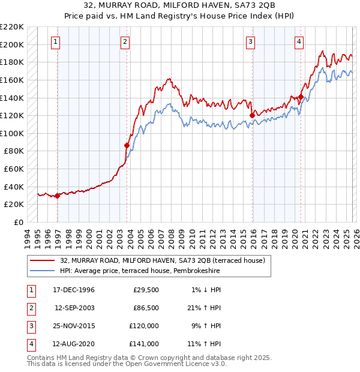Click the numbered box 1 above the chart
point(55,41)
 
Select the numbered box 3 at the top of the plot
point(250,41)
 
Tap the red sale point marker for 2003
point(127,145)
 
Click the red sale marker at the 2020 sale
point(301,96)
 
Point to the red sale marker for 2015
point(252,115)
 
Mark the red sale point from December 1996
point(58,196)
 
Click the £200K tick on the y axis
point(12,44)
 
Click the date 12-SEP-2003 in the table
point(75,308)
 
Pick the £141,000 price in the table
point(144,344)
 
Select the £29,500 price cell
point(146,290)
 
